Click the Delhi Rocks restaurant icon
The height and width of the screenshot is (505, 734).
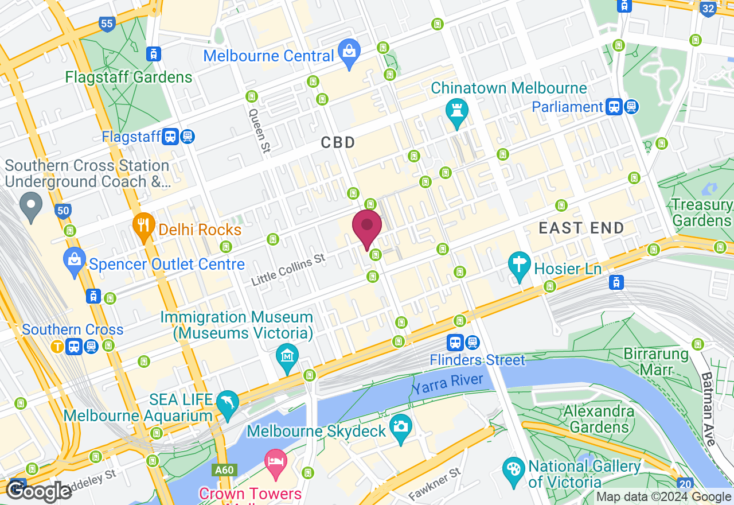point(144,226)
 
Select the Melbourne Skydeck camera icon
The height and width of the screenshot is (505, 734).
point(400,427)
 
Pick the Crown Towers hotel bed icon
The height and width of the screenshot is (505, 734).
point(276,463)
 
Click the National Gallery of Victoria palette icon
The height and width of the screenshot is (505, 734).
point(513,469)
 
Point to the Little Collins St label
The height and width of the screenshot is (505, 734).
point(288,270)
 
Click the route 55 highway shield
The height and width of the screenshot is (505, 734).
point(107,24)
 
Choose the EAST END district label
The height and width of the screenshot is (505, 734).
point(581,228)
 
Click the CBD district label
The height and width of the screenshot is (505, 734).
point(338,142)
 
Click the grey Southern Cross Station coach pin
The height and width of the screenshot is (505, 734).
point(30,205)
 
